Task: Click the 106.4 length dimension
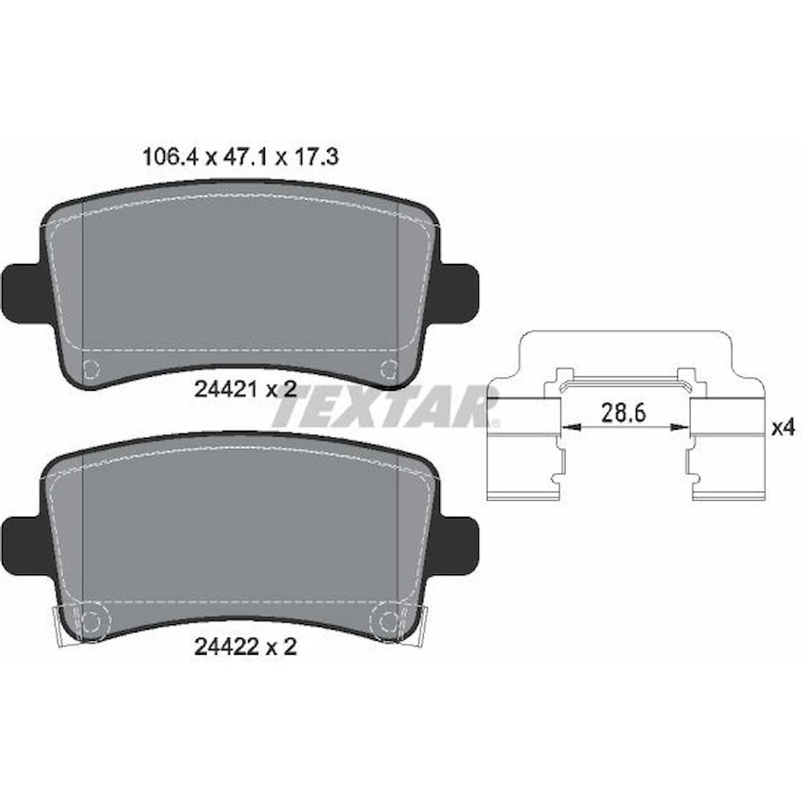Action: (169, 157)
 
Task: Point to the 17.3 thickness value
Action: (316, 157)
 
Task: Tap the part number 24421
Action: (226, 390)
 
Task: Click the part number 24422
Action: (226, 647)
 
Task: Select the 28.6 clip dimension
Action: (623, 412)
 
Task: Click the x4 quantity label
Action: (783, 428)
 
